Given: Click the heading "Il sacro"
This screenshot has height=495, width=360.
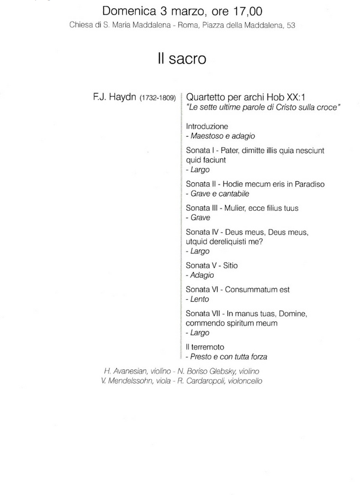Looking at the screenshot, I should click(x=181, y=59).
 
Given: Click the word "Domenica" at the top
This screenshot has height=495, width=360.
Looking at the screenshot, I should click(x=130, y=10).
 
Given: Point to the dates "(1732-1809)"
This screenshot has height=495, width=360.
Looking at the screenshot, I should click(x=158, y=98).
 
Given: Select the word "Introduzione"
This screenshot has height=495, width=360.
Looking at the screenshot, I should click(x=207, y=126).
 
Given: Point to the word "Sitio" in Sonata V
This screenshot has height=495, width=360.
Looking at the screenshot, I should click(x=230, y=266).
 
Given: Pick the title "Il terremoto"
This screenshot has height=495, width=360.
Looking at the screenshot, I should click(x=205, y=347).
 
